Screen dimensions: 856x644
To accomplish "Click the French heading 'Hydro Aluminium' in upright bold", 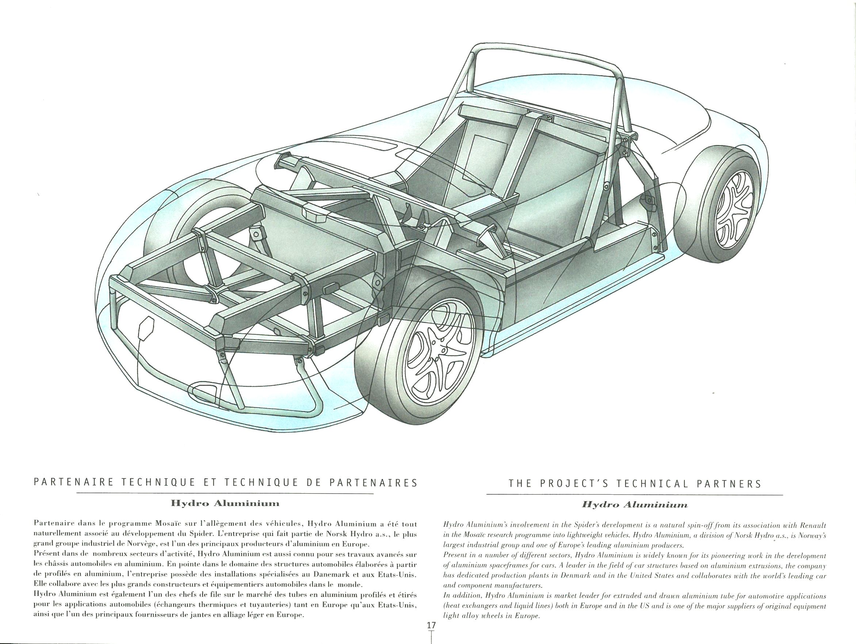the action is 225,503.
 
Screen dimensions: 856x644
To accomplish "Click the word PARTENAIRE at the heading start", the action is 73,483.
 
